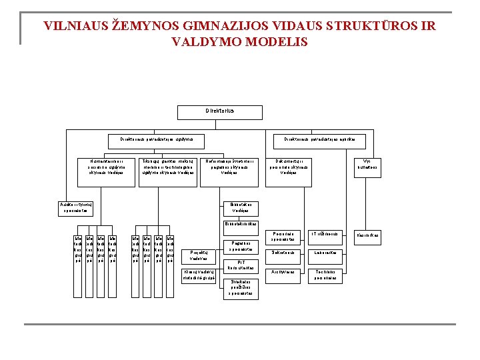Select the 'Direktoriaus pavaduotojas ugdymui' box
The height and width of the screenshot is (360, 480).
pyautogui.click(x=156, y=139)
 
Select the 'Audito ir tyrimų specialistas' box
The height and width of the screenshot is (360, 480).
pyautogui.click(x=73, y=207)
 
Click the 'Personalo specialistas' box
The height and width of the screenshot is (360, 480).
pyautogui.click(x=283, y=236)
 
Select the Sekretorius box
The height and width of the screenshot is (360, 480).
pyautogui.click(x=283, y=253)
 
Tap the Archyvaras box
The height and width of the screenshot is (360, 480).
pyautogui.click(x=283, y=272)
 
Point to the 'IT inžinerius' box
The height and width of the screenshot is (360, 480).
pyautogui.click(x=326, y=235)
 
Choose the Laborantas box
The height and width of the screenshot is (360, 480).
pyautogui.click(x=326, y=253)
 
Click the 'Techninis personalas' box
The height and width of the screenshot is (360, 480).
pyautogui.click(x=326, y=275)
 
